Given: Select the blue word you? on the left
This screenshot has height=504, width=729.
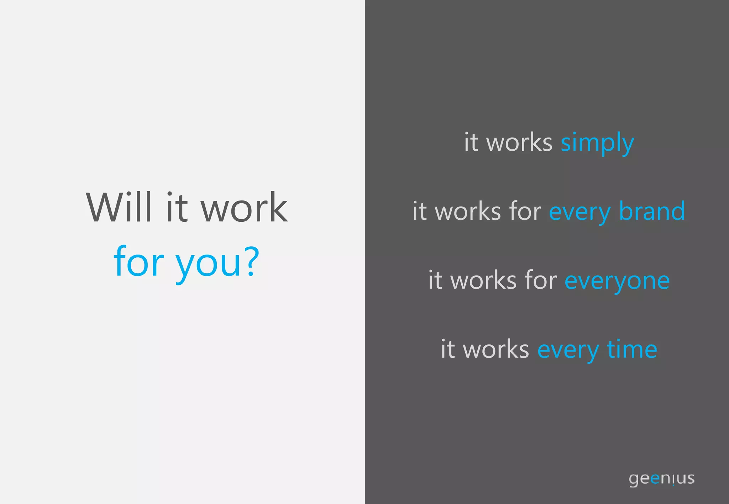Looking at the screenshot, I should click(217, 263).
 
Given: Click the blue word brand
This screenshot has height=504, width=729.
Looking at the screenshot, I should click(652, 211).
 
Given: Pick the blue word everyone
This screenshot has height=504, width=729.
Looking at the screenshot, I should click(617, 281).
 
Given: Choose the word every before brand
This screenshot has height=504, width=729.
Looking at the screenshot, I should click(579, 213).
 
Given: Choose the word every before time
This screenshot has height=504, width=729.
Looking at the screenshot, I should click(568, 350).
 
